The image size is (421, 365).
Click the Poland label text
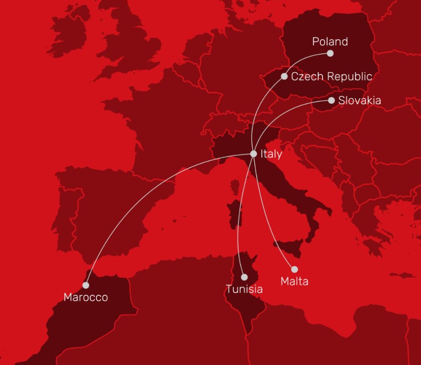click(x=330, y=42)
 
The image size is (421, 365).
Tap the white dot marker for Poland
click(x=330, y=53)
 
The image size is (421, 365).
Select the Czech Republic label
click(x=331, y=77)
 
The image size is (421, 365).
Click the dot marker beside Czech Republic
click(x=284, y=76)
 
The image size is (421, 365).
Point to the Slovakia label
click(x=360, y=101)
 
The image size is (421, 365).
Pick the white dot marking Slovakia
click(x=331, y=100)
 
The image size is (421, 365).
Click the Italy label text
click(x=271, y=154)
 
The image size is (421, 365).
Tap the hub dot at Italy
click(x=253, y=154)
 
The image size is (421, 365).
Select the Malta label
click(x=294, y=281)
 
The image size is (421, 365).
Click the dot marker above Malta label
click(x=294, y=269)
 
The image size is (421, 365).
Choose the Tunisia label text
click(x=244, y=289)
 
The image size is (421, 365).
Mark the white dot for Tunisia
click(x=244, y=277)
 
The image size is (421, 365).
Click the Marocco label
click(x=85, y=297)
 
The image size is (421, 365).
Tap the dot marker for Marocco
click(x=85, y=285)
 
